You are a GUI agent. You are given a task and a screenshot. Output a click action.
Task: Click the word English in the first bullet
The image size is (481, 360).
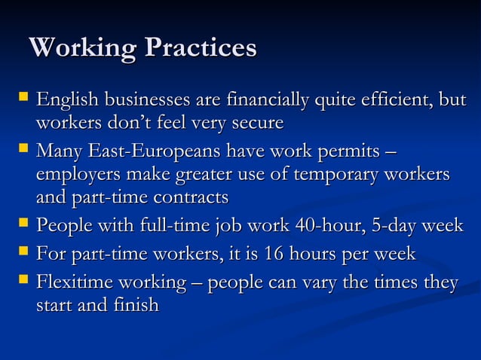(68, 100)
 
